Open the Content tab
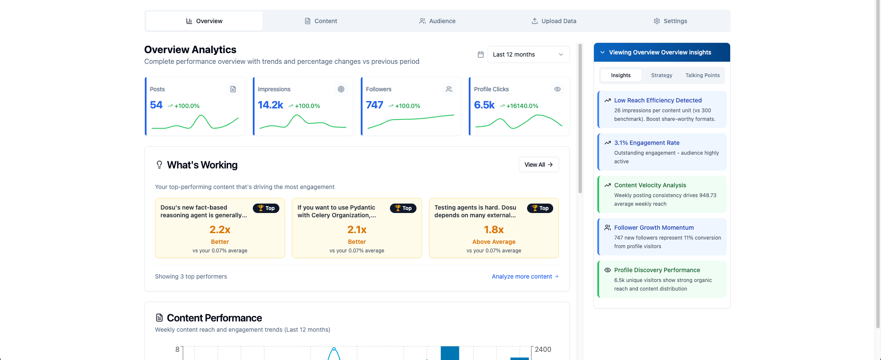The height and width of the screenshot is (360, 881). [x=321, y=21]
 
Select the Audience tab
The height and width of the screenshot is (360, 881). [x=438, y=21]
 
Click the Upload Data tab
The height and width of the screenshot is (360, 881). [x=554, y=21]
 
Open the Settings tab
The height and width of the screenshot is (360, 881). [x=671, y=21]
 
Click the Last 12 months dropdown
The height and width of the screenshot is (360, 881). [x=528, y=54]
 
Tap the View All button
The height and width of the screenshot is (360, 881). [x=539, y=165]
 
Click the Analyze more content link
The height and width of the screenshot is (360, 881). [x=525, y=276]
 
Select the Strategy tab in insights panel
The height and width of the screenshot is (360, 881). [x=662, y=75]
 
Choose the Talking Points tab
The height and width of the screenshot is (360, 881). [x=702, y=75]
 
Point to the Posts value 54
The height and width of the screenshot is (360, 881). [x=156, y=105]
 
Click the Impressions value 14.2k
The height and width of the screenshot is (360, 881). [x=270, y=105]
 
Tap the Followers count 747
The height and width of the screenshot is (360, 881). [x=375, y=105]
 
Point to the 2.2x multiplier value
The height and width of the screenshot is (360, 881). [x=220, y=230]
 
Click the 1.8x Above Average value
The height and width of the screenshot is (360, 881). [x=494, y=230]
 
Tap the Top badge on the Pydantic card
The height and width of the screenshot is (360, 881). [x=403, y=208]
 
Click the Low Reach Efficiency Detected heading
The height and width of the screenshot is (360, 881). [x=658, y=100]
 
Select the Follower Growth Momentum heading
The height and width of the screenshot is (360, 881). [x=654, y=228]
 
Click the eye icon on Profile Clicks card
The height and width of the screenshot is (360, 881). [x=557, y=89]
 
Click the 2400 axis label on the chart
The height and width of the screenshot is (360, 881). [x=543, y=349]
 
